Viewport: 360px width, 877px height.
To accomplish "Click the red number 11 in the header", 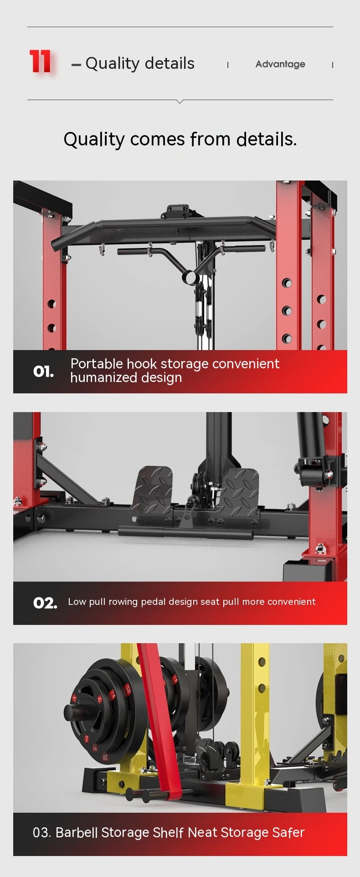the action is [40, 62].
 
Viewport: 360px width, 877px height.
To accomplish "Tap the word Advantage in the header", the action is [280, 64].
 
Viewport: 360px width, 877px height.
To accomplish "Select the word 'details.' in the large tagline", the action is [267, 139].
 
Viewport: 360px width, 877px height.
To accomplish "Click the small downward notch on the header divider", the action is [180, 102].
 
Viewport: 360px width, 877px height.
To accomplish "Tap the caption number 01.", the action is [44, 371].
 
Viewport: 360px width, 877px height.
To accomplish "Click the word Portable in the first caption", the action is [97, 363].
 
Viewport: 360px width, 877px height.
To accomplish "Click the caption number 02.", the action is [45, 603].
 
